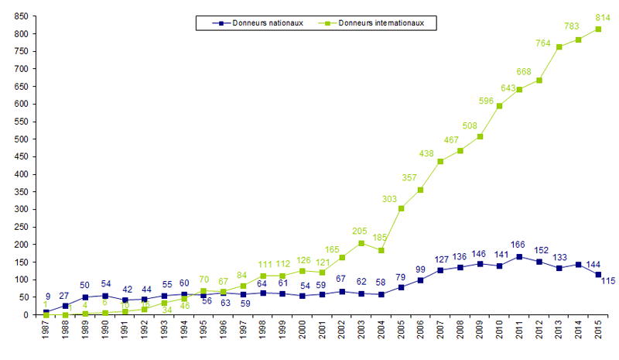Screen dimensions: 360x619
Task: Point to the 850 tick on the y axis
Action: [21, 16]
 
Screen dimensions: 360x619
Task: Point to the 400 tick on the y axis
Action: [21, 174]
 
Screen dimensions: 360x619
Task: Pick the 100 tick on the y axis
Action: [21, 279]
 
